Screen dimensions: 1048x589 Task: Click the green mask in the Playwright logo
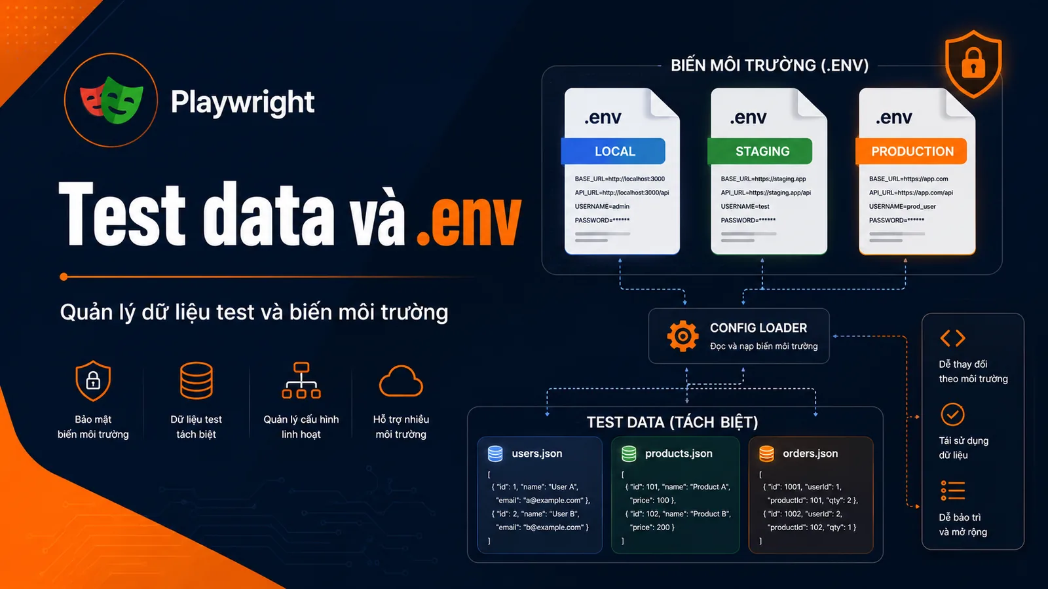click(x=122, y=100)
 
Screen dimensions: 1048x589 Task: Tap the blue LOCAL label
click(x=613, y=151)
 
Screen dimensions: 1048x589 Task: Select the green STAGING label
click(x=760, y=151)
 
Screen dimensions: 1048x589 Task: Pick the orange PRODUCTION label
click(x=911, y=151)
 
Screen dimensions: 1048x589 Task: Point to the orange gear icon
click(x=683, y=336)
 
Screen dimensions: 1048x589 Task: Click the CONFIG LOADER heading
click(x=758, y=328)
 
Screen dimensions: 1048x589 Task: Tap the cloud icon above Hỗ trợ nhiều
click(x=401, y=382)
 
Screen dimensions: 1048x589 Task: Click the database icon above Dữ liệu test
click(x=196, y=380)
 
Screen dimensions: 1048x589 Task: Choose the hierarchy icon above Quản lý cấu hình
click(x=301, y=380)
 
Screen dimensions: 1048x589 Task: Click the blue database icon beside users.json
click(x=495, y=454)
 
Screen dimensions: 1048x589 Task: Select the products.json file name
click(x=679, y=454)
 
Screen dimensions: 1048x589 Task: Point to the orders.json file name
click(x=810, y=454)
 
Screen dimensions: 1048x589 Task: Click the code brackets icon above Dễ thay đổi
click(x=952, y=338)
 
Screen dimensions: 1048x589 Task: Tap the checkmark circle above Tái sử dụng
click(x=952, y=414)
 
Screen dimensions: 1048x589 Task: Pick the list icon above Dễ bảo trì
click(x=952, y=490)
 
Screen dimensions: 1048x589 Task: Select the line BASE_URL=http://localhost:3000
click(x=620, y=179)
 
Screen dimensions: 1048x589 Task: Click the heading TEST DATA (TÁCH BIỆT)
click(x=672, y=422)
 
